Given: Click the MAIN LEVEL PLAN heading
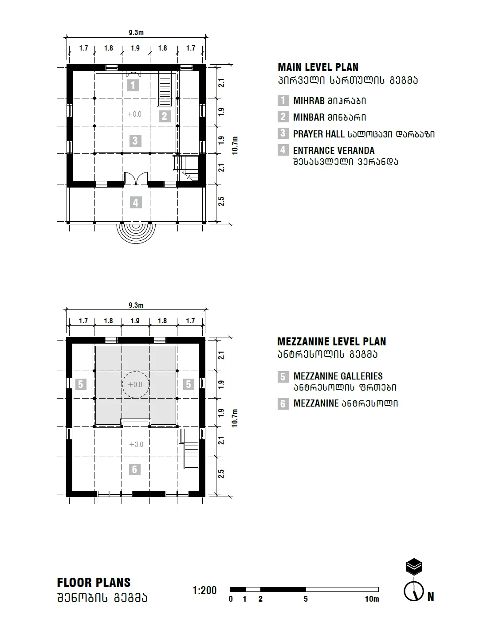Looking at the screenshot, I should pos(318,67).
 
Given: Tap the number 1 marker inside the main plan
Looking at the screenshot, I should pos(134,85).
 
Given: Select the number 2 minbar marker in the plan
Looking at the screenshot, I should pos(164,116).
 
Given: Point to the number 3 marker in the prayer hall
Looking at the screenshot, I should pos(135,141).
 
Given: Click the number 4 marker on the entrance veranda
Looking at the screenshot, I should pos(136,203).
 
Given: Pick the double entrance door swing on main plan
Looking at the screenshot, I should pos(136,178).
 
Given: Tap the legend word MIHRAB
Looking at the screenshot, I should pos(309,101).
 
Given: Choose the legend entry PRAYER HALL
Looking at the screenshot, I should pos(318,134).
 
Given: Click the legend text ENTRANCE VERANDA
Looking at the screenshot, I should pos(334,151).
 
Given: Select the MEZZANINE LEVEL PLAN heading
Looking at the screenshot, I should pos(331,342).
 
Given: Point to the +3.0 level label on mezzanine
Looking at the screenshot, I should pos(136,444).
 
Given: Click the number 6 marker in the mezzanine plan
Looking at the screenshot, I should pos(135,469).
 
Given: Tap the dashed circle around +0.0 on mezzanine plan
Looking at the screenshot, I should pos(135,384).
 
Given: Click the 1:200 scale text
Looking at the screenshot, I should pos(204,591).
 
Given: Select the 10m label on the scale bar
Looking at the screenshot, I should pos(372,599).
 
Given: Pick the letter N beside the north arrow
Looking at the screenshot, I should pos(430,597).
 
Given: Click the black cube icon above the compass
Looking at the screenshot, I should pos(414,567).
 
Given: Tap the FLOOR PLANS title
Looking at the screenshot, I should pos(94,583).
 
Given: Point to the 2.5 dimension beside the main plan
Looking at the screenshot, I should pos(221,201).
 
